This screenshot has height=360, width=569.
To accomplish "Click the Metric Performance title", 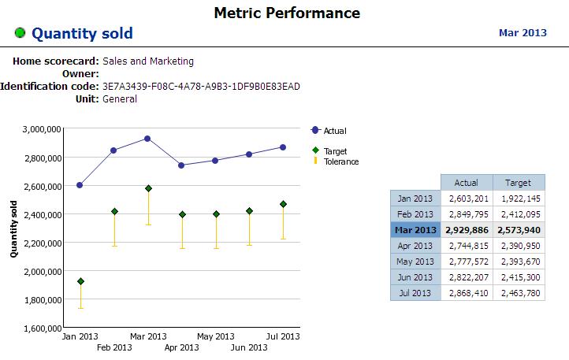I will [287, 13].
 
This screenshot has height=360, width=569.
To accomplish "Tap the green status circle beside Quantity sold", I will [20, 33].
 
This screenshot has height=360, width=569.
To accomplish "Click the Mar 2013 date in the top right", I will [523, 33].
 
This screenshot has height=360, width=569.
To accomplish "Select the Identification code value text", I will [201, 86].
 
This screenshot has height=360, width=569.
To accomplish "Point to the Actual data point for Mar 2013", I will [147, 139].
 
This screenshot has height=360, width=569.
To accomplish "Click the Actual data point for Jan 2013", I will [80, 185].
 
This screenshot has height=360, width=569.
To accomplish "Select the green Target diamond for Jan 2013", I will [80, 281].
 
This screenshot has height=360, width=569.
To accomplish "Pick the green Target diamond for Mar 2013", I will [147, 188].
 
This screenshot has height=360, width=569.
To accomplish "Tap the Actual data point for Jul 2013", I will [283, 147].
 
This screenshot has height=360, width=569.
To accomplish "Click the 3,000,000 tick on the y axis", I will [39, 128].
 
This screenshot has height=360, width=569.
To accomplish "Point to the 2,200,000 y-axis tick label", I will [39, 243].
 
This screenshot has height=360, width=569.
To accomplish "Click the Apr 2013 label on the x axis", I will [182, 347].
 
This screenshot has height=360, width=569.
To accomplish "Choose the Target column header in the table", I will [518, 183].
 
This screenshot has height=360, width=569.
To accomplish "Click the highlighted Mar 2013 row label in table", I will [415, 230].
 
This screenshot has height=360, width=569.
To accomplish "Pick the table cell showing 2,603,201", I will [466, 199].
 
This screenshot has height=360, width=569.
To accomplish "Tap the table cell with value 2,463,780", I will [518, 293].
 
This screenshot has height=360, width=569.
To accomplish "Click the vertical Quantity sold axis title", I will [13, 229].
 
